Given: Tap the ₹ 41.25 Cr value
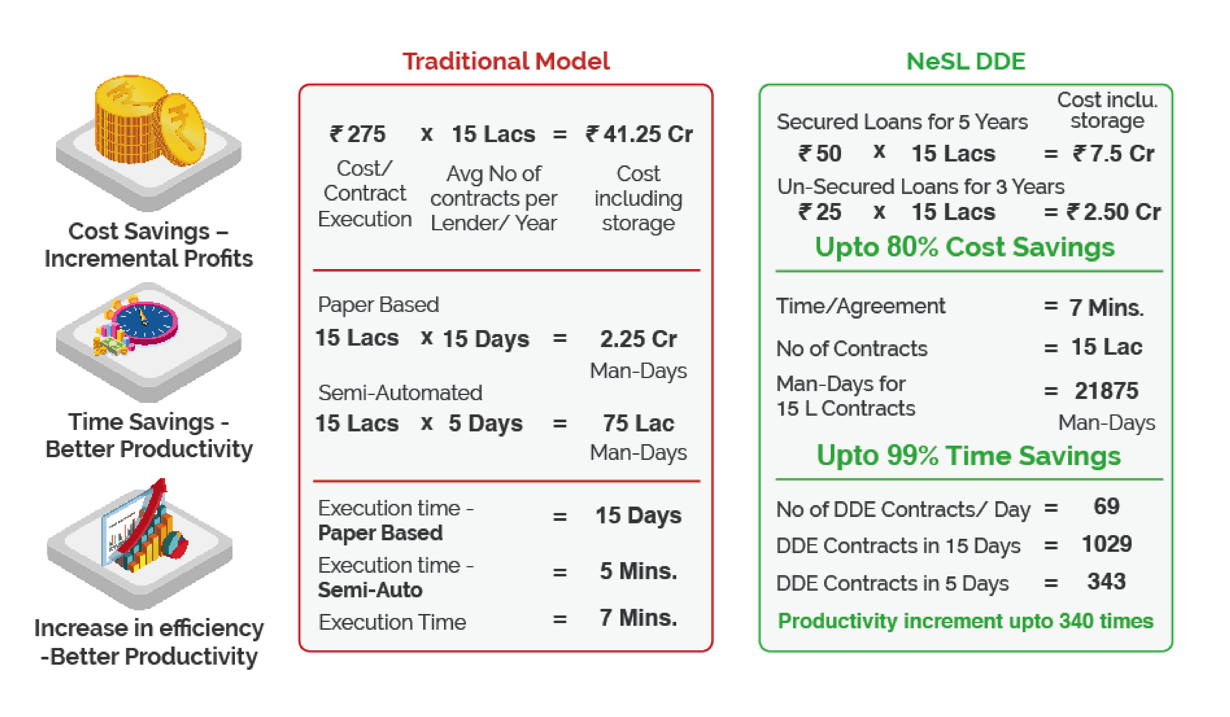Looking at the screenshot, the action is [639, 134].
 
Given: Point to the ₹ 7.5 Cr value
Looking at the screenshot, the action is [1113, 154].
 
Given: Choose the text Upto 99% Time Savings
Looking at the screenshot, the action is [969, 455].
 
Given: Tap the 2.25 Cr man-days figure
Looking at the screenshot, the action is [638, 339].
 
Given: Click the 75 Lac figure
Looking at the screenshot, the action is [638, 423].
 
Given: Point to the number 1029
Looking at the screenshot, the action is [1107, 544].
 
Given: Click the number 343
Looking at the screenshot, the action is [1107, 581].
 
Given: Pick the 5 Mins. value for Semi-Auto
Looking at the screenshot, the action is [638, 571].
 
